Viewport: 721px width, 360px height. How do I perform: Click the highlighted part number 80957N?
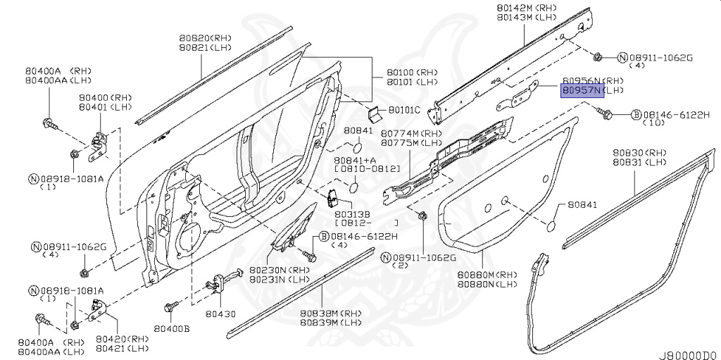click(582, 91)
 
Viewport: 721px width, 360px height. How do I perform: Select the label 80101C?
click(404, 110)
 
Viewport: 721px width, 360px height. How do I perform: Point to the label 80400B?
click(173, 329)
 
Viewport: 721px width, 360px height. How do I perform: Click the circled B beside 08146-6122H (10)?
click(635, 114)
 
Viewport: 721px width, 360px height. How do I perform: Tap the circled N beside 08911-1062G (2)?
click(386, 258)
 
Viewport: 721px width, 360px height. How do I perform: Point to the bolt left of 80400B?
click(168, 307)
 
